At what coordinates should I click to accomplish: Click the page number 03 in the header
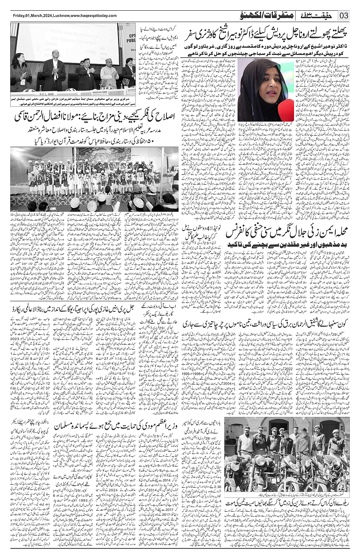coord(344,16)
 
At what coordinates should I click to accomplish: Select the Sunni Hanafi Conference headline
coord(288,233)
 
